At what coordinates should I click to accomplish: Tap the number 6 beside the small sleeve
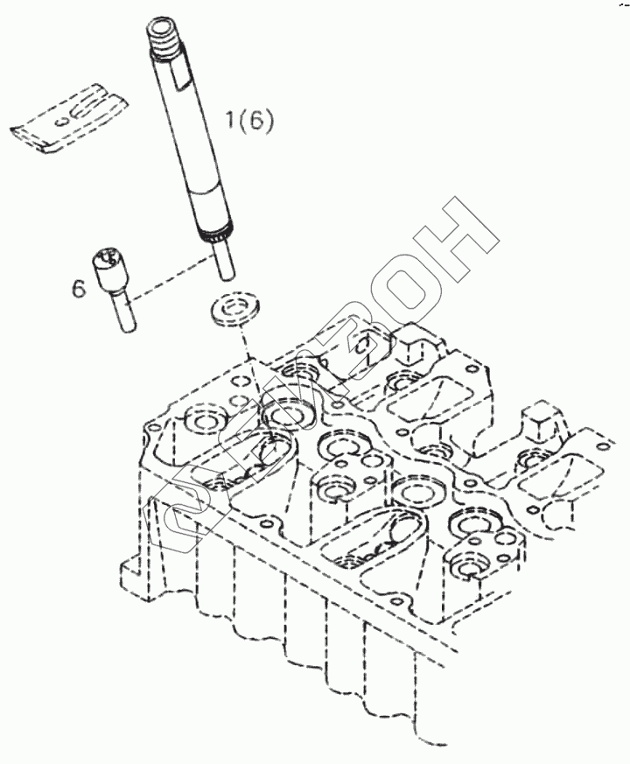[79, 288]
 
